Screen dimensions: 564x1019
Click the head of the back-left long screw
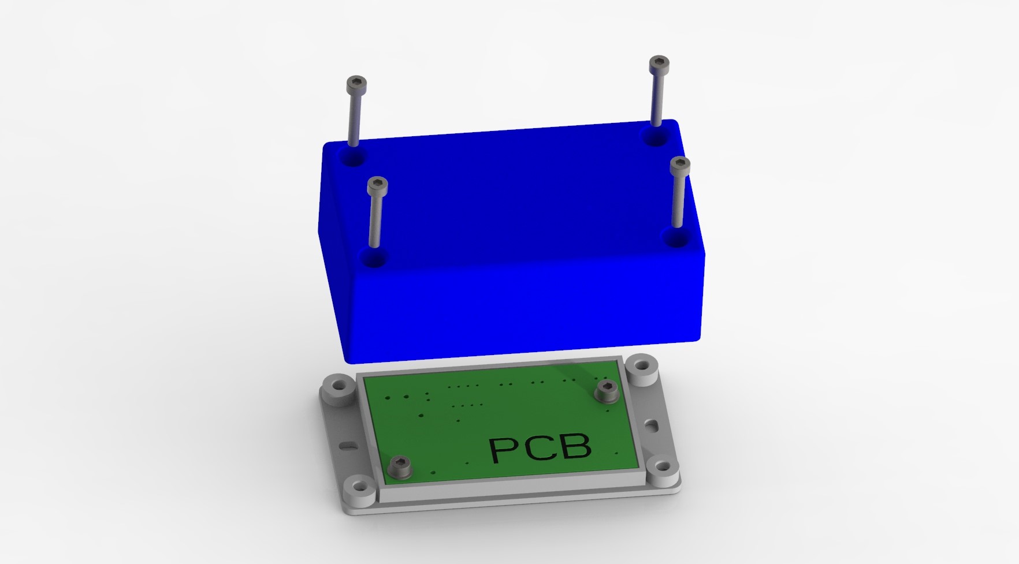[356, 85]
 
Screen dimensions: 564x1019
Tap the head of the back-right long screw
[659, 64]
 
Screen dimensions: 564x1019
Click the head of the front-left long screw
[378, 185]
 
